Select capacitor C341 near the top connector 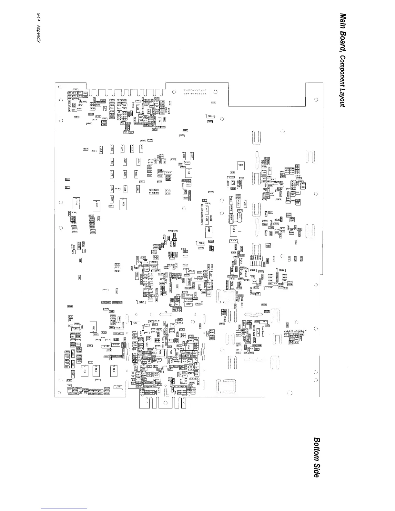click(210, 116)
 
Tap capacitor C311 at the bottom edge click(118, 387)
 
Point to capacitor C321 click(142, 302)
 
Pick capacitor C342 click(264, 322)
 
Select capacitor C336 click(252, 270)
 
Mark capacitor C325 click(191, 271)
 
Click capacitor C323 click(201, 243)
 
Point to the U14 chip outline click(76, 203)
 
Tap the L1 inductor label click(170, 340)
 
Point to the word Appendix click(38, 36)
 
